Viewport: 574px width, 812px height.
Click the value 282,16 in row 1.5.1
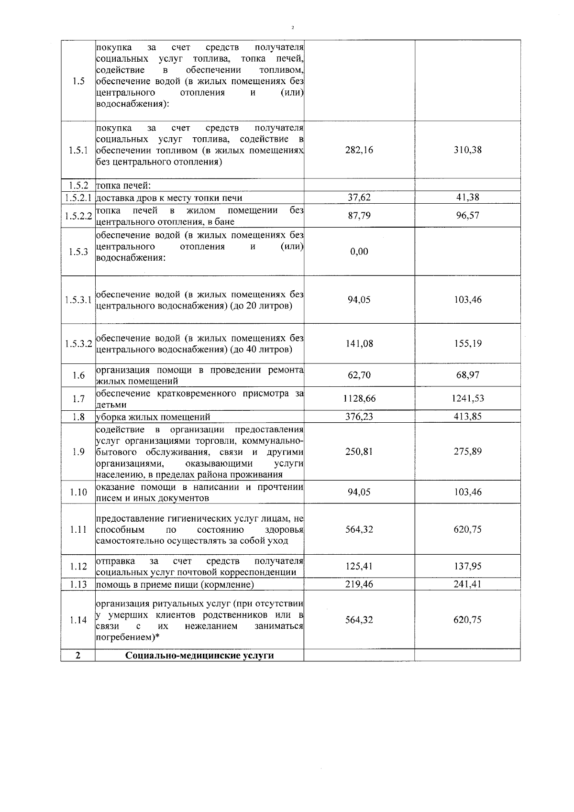pyautogui.click(x=359, y=150)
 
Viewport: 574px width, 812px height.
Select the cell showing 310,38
pyautogui.click(x=467, y=150)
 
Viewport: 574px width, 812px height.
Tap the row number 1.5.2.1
pyautogui.click(x=78, y=198)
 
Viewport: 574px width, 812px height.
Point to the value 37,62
pyautogui.click(x=359, y=197)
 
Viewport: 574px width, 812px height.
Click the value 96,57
pyautogui.click(x=467, y=215)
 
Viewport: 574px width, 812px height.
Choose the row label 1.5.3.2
pyautogui.click(x=78, y=344)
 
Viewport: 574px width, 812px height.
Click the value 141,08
pyautogui.click(x=359, y=344)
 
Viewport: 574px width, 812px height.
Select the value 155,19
pyautogui.click(x=467, y=344)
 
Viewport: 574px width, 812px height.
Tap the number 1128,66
pyautogui.click(x=359, y=398)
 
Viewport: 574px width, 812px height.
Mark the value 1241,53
pyautogui.click(x=467, y=398)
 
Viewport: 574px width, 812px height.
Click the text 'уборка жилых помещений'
pyautogui.click(x=153, y=417)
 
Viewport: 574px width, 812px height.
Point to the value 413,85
pyautogui.click(x=467, y=417)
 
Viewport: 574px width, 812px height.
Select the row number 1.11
pyautogui.click(x=78, y=530)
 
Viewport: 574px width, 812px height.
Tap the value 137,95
pyautogui.click(x=467, y=567)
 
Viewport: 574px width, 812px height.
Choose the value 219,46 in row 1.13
pyautogui.click(x=359, y=584)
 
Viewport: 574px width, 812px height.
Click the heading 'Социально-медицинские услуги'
pyautogui.click(x=199, y=656)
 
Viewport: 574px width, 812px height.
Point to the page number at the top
pyautogui.click(x=292, y=28)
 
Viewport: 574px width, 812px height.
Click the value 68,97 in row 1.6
pyautogui.click(x=467, y=375)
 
